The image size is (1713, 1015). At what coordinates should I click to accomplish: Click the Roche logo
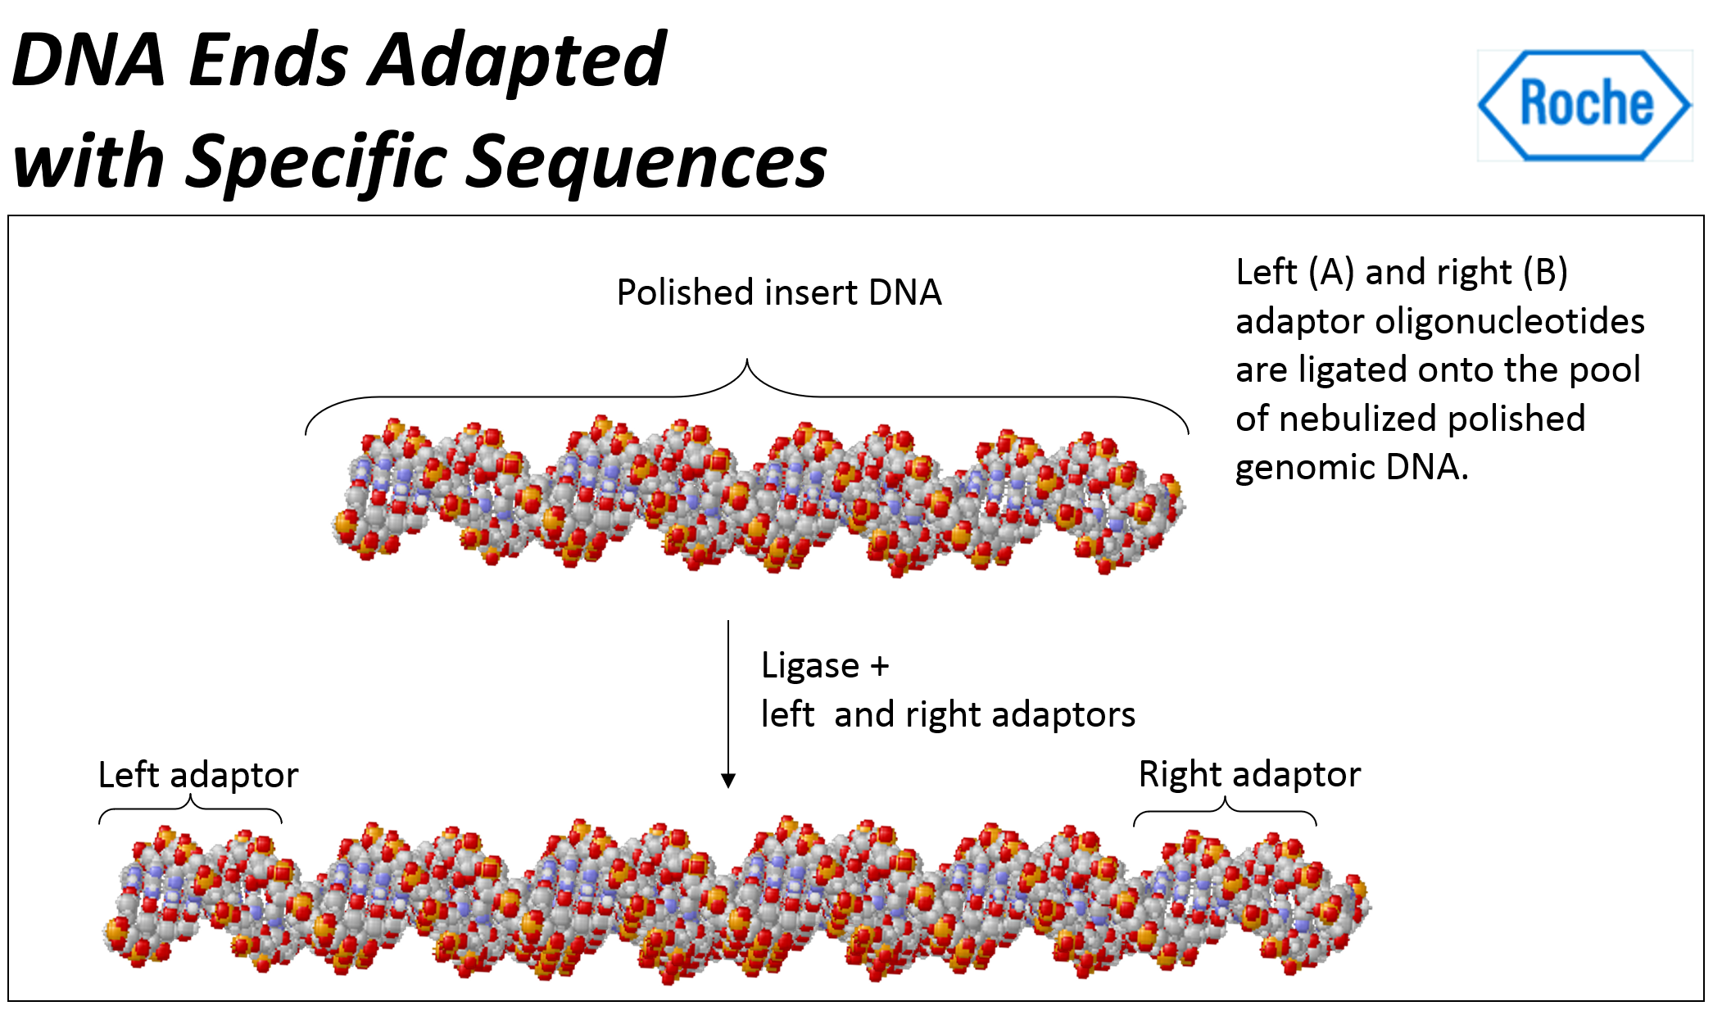[1584, 105]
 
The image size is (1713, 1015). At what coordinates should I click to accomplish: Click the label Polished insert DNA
[778, 292]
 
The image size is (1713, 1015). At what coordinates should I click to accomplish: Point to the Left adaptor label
[198, 775]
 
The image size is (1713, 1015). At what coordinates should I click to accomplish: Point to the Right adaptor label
[1249, 774]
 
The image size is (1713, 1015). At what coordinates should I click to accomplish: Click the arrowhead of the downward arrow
[728, 781]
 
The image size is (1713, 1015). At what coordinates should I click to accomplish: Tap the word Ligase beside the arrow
[809, 666]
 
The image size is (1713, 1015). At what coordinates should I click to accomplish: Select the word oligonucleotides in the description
[1510, 321]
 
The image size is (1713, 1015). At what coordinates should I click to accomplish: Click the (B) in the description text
[1545, 272]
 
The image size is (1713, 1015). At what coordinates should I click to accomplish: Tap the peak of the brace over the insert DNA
[747, 361]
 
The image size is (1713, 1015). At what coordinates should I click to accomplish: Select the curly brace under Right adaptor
[1225, 810]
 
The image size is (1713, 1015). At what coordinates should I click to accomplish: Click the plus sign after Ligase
[880, 666]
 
